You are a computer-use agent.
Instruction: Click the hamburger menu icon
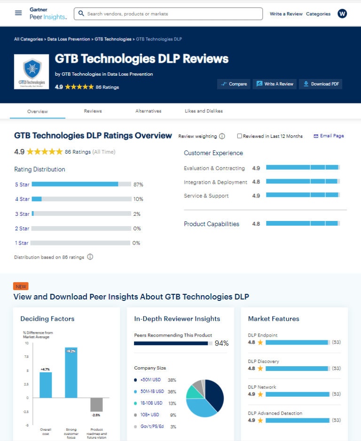point(18,13)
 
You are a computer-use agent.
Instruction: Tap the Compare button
point(234,84)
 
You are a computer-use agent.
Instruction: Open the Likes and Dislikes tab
point(204,111)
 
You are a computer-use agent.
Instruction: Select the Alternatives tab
point(148,111)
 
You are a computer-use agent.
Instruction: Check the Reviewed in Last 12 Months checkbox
point(240,136)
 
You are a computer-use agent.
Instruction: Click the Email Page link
point(329,136)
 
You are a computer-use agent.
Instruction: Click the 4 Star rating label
point(22,199)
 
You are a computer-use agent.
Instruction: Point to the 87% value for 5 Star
point(138,185)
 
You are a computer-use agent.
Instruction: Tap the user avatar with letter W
point(342,14)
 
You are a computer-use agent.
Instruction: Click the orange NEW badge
point(21,286)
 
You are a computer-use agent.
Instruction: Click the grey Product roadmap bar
point(96,404)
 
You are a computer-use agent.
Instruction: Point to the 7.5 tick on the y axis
point(27,357)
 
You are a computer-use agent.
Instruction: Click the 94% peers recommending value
point(221,344)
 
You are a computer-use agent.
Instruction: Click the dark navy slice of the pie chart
point(214,394)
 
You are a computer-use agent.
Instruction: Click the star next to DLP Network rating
point(260,394)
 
